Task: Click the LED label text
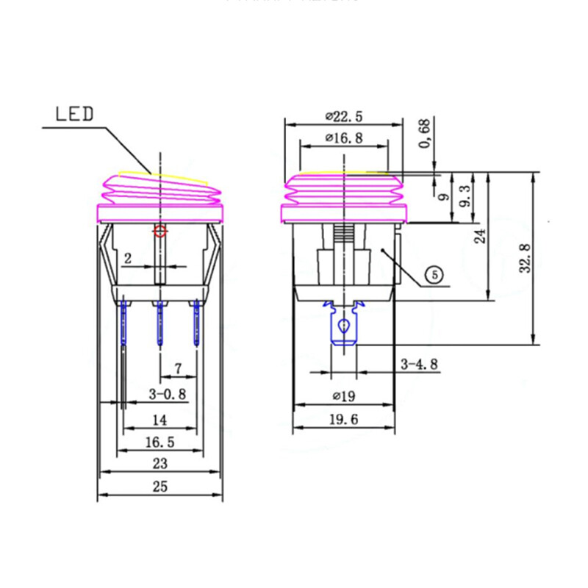pyautogui.click(x=75, y=114)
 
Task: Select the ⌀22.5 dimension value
pyautogui.click(x=344, y=115)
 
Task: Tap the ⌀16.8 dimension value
pyautogui.click(x=344, y=137)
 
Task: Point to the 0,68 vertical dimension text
pyautogui.click(x=424, y=135)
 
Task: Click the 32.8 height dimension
pyautogui.click(x=525, y=258)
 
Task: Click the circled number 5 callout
pyautogui.click(x=434, y=275)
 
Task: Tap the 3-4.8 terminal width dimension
pyautogui.click(x=420, y=363)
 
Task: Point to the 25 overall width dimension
pyautogui.click(x=159, y=486)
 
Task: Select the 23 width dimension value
pyautogui.click(x=159, y=463)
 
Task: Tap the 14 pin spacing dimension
pyautogui.click(x=159, y=420)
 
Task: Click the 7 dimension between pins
pyautogui.click(x=177, y=367)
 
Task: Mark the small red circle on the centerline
pyautogui.click(x=159, y=232)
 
